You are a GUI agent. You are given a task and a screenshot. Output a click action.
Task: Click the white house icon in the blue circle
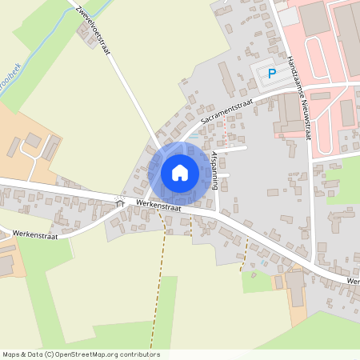pyautogui.click(x=180, y=172)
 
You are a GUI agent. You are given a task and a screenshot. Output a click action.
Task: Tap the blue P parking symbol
pyautogui.click(x=271, y=74)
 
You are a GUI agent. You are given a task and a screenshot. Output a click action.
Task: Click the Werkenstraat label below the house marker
pyautogui.click(x=159, y=206)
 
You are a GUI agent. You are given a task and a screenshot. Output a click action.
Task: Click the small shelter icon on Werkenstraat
pyautogui.click(x=120, y=202)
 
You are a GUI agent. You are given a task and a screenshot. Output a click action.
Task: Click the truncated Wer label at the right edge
pyautogui.click(x=353, y=282)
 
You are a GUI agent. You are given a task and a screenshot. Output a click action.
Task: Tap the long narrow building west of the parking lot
pyautogui.click(x=226, y=79)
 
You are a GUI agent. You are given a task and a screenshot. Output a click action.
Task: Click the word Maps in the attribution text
pyautogui.click(x=11, y=354)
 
